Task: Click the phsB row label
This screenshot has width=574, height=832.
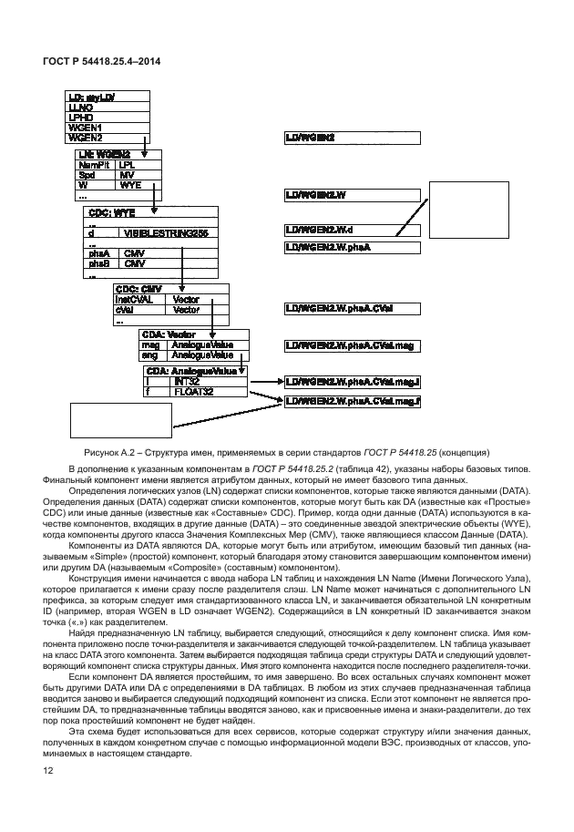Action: (99, 263)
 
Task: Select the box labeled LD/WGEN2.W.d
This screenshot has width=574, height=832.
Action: (352, 230)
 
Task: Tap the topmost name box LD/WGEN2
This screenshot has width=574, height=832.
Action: (352, 138)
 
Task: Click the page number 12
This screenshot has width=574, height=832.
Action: (46, 772)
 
